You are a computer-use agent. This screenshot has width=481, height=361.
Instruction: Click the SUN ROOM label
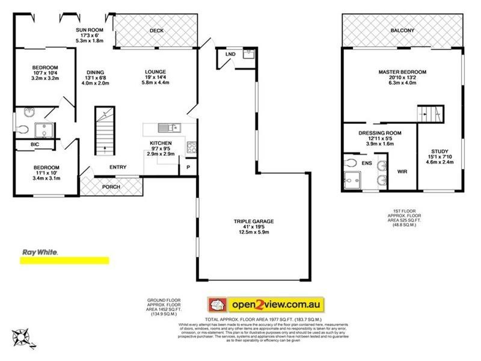[90, 29]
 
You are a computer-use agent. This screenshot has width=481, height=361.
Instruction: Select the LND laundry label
[230, 54]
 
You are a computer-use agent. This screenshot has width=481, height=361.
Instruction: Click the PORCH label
[111, 187]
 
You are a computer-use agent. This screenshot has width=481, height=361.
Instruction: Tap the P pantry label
[188, 167]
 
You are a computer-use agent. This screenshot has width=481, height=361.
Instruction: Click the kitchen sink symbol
[168, 128]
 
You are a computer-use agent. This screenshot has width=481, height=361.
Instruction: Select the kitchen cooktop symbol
[191, 146]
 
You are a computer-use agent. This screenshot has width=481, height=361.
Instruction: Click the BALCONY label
[402, 30]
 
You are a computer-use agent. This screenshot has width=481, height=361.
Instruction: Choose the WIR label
[403, 171]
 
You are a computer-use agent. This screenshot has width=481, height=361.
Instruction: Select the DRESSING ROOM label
[380, 133]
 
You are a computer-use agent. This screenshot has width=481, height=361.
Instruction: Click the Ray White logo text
[40, 253]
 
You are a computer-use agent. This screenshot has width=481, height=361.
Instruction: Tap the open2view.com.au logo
[266, 303]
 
